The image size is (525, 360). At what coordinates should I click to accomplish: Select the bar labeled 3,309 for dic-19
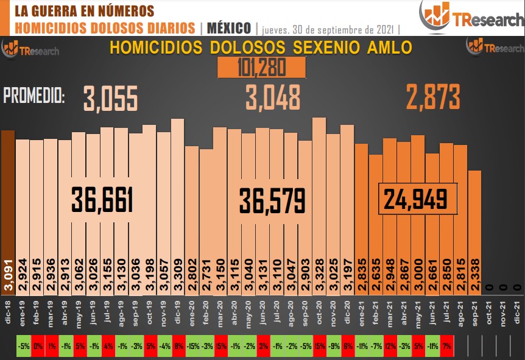178,201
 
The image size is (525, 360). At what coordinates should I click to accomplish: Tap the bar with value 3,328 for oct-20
319,201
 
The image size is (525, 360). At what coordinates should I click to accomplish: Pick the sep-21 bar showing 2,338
475,225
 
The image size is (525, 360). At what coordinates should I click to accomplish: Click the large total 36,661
102,200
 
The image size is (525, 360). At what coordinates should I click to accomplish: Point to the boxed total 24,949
417,199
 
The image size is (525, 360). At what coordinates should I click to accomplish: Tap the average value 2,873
433,97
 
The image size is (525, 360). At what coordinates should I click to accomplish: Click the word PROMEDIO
34,96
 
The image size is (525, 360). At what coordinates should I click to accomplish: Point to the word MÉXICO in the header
229,28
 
